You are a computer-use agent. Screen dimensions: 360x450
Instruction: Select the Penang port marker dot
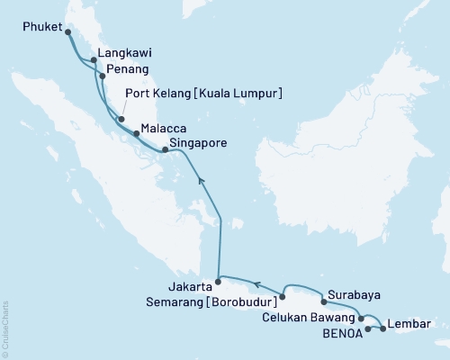pyautogui.click(x=102, y=76)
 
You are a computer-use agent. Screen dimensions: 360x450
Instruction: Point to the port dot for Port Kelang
pyautogui.click(x=120, y=118)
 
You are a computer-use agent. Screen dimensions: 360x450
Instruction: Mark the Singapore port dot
pyautogui.click(x=165, y=150)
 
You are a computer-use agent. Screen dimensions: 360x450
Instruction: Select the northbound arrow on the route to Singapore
pyautogui.click(x=201, y=181)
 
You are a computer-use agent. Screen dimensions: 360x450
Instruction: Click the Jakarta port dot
pyautogui.click(x=217, y=282)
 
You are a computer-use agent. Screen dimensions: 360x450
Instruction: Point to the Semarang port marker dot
pyautogui.click(x=282, y=295)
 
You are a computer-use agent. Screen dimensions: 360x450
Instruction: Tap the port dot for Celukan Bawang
pyautogui.click(x=362, y=319)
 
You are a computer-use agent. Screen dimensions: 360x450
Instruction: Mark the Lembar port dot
pyautogui.click(x=383, y=328)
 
